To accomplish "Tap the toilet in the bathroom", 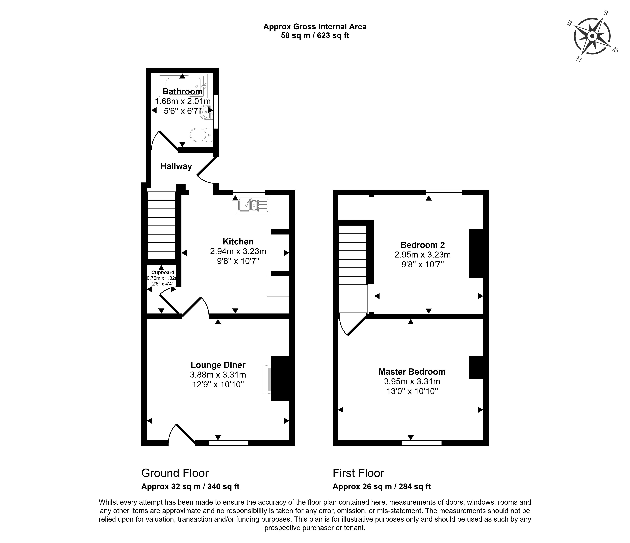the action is pyautogui.click(x=201, y=135).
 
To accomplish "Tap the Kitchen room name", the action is pyautogui.click(x=238, y=242).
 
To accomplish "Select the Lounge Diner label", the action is pyautogui.click(x=218, y=365).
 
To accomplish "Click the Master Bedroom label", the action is pyautogui.click(x=412, y=372).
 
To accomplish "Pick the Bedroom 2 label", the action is pyautogui.click(x=423, y=245).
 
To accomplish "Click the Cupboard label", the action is pyautogui.click(x=163, y=273).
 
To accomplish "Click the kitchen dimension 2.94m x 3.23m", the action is pyautogui.click(x=238, y=251).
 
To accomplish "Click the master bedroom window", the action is pyautogui.click(x=422, y=443).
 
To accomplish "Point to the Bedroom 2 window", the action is pyautogui.click(x=444, y=192).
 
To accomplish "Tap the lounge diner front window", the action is pyautogui.click(x=228, y=443).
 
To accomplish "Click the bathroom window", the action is pyautogui.click(x=216, y=112).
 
